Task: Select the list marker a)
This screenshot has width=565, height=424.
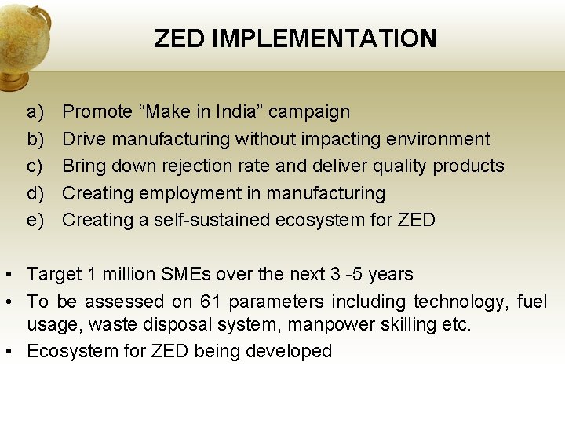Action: pos(36,112)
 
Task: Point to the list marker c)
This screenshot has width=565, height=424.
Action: pos(35,166)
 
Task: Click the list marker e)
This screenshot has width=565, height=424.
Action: pos(36,221)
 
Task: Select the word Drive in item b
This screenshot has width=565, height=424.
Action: pos(84,139)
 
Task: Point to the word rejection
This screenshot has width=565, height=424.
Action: pos(213,166)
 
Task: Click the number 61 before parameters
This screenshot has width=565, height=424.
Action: pos(210,302)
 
